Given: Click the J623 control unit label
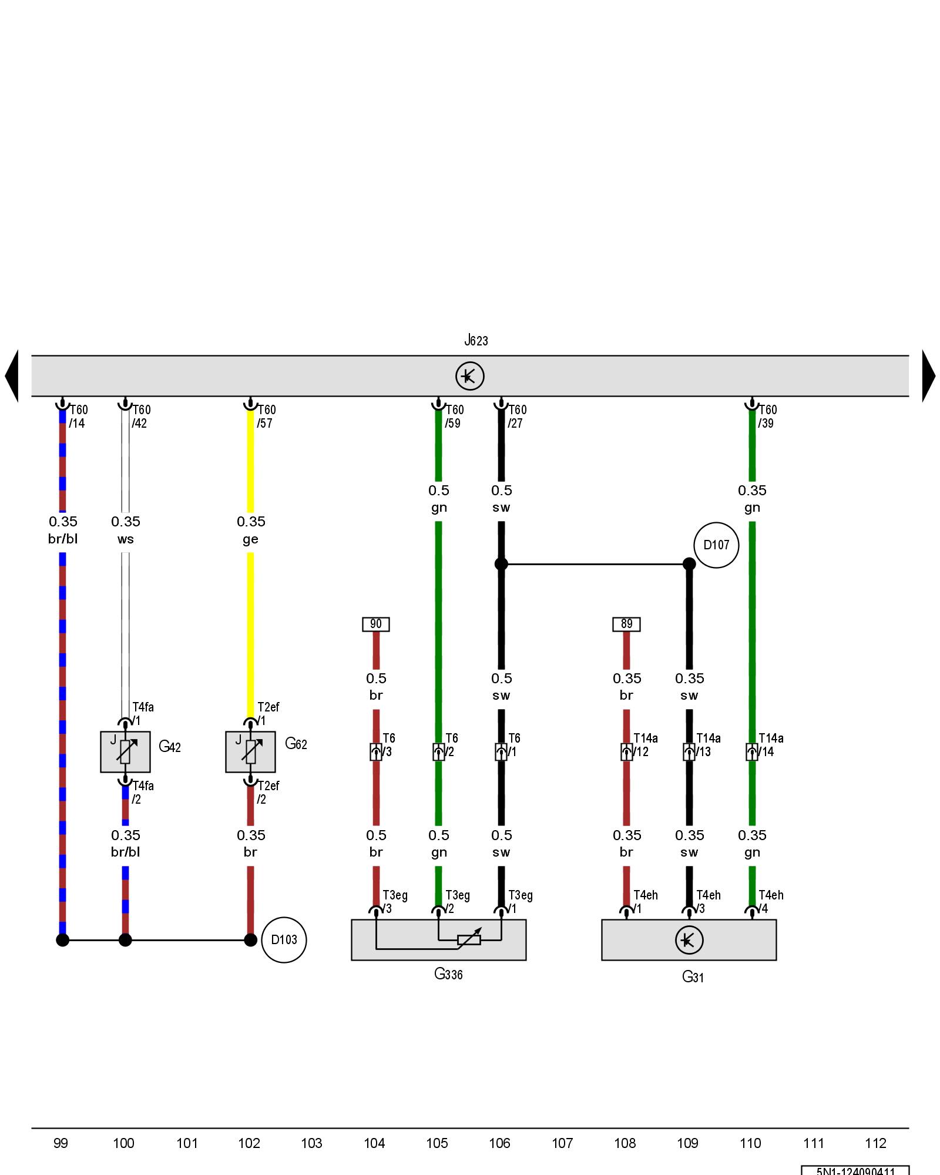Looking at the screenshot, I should pyautogui.click(x=476, y=340).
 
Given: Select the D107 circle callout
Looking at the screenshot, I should pyautogui.click(x=716, y=545).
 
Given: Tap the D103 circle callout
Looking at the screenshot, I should pyautogui.click(x=284, y=939).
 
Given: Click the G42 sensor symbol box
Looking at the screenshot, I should pyautogui.click(x=125, y=751).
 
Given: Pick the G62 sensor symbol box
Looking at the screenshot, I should pyautogui.click(x=250, y=751).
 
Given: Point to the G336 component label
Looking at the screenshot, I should pyautogui.click(x=448, y=974).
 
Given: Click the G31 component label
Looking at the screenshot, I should pyautogui.click(x=693, y=976).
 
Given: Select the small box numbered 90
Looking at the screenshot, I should pyautogui.click(x=376, y=624).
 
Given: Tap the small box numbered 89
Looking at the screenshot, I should pyautogui.click(x=626, y=624).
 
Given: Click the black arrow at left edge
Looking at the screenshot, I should pyautogui.click(x=12, y=376).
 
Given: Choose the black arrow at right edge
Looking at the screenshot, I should pyautogui.click(x=928, y=376).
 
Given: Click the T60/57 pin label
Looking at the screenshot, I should pyautogui.click(x=266, y=416).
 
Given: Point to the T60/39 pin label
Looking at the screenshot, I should pyautogui.click(x=767, y=416).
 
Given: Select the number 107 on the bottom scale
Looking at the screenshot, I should pyautogui.click(x=562, y=1143).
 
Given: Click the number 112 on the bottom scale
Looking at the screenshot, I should pyautogui.click(x=875, y=1143).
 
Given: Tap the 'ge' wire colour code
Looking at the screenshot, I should pyautogui.click(x=250, y=539).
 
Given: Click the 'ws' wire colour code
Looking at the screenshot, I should pyautogui.click(x=125, y=539).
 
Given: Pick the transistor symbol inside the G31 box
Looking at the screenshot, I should pyautogui.click(x=689, y=940).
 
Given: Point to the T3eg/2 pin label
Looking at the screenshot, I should pyautogui.click(x=457, y=902).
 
